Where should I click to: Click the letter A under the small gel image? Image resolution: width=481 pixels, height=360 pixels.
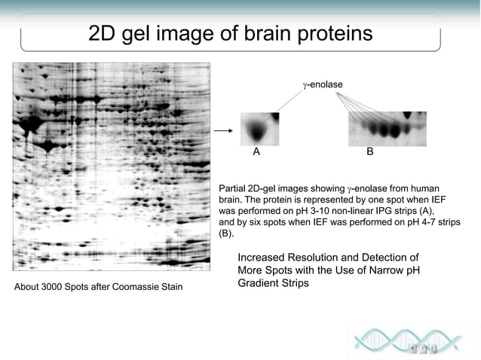(x=256, y=151)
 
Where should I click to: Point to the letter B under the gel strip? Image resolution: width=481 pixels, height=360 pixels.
(x=369, y=151)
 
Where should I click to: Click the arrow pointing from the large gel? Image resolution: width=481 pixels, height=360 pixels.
(x=222, y=131)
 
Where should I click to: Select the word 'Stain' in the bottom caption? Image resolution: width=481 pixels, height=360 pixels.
(x=170, y=288)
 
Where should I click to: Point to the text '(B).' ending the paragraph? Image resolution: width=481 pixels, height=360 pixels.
(x=227, y=234)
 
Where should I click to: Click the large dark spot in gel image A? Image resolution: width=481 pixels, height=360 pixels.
(x=259, y=132)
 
